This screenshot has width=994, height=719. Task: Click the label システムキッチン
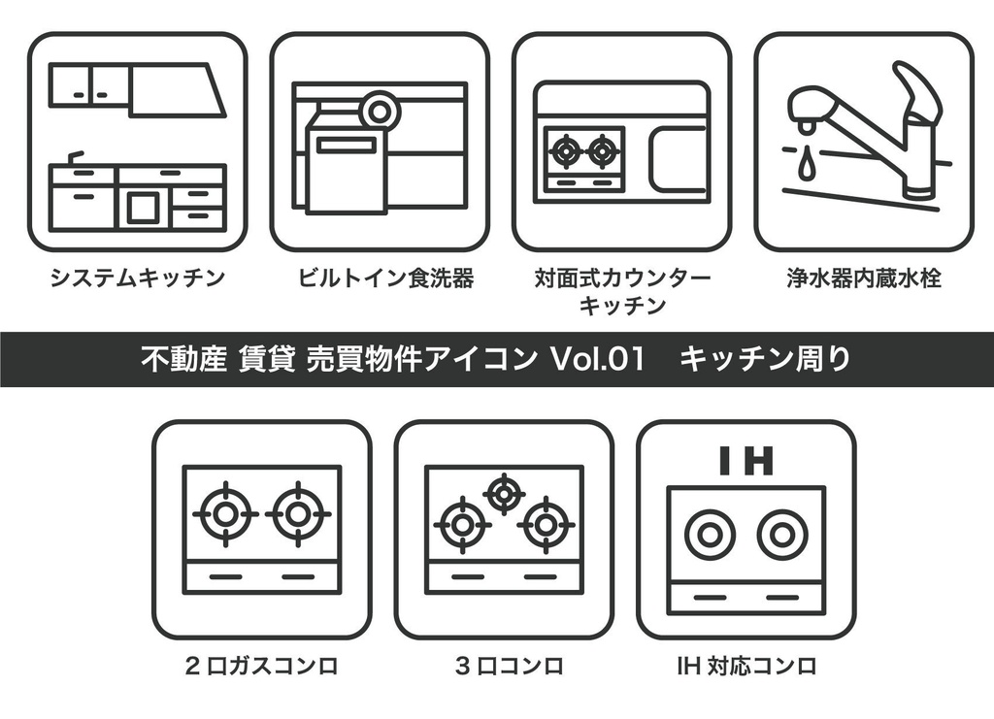coord(138,279)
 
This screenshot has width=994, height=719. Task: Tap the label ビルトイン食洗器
coord(386,279)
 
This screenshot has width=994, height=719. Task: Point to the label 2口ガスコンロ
coord(261,667)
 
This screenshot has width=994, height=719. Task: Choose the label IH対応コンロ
coord(746,667)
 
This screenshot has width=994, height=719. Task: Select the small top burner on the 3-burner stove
coord(504,493)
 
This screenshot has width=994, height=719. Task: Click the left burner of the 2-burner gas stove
coord(224,514)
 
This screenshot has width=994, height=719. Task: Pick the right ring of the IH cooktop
coord(782,536)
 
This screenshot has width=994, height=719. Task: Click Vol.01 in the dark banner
coord(598,360)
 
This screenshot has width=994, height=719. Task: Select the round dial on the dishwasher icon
coord(379,111)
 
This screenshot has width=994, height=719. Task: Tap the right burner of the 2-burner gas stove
coord(297,514)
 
